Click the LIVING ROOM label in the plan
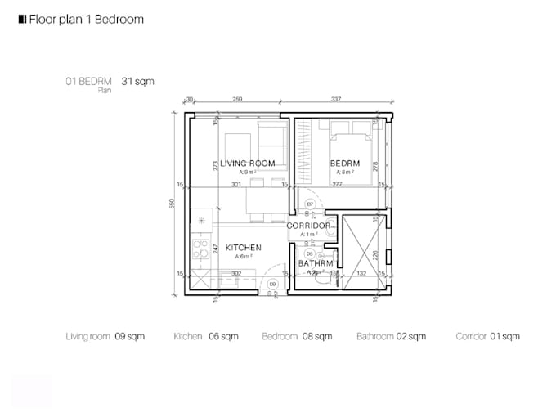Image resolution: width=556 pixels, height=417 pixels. pyautogui.click(x=247, y=164)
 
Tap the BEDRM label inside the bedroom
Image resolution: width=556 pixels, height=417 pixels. pyautogui.click(x=345, y=164)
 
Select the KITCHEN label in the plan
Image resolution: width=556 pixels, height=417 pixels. pyautogui.click(x=243, y=247)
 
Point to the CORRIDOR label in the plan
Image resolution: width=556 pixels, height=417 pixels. pyautogui.click(x=308, y=226)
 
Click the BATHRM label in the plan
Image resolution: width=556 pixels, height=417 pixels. pyautogui.click(x=315, y=263)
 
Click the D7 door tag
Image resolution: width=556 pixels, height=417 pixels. pyautogui.click(x=311, y=204)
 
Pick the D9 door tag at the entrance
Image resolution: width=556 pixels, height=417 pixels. pyautogui.click(x=272, y=284)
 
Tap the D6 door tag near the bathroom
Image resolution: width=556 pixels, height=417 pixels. pyautogui.click(x=310, y=253)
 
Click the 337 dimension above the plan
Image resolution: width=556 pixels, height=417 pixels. pyautogui.click(x=336, y=100)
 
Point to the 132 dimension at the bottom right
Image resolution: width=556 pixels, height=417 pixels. pyautogui.click(x=361, y=273)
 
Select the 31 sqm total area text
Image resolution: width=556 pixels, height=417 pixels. pyautogui.click(x=137, y=82)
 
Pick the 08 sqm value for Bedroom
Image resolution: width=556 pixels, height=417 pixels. pyautogui.click(x=318, y=336)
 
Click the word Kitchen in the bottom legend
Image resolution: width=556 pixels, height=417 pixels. pyautogui.click(x=187, y=336)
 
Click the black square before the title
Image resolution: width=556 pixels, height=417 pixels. pyautogui.click(x=21, y=18)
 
